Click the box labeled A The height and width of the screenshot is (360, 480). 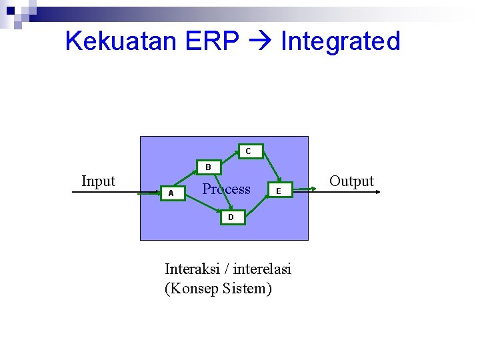pos(171,193)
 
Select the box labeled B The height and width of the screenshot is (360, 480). pos(208,167)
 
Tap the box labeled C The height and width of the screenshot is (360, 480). pos(248,151)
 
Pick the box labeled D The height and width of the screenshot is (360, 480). pos(231,217)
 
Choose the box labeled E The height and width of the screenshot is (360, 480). pos(279,192)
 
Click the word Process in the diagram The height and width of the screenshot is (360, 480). pos(227,189)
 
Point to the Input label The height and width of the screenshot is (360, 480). pos(98,181)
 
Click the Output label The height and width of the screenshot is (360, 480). pos(351,181)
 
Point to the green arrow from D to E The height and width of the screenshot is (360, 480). pos(257,205)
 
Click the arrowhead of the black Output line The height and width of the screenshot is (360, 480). pos(378,192)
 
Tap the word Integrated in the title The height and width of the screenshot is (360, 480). pos(340,41)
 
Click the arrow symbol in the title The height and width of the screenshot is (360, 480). pos(260,42)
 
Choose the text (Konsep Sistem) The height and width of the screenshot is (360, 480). pos(218,289)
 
